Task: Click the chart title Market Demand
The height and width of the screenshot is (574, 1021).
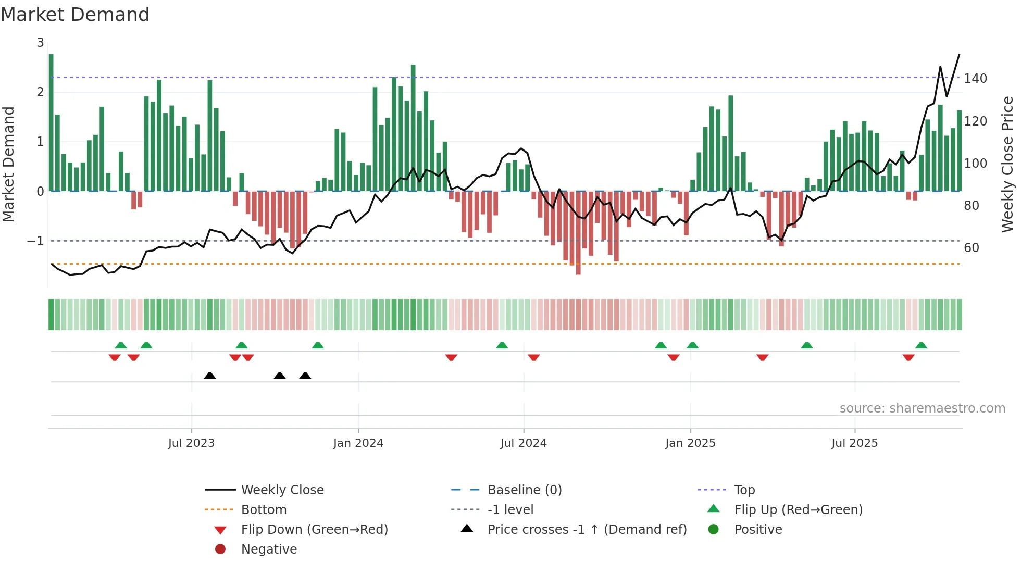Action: point(75,15)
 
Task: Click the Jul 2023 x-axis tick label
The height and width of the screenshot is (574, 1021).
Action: point(191,443)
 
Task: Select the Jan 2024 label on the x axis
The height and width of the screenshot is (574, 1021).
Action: point(358,443)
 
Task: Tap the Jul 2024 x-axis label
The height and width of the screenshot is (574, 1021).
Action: point(523,443)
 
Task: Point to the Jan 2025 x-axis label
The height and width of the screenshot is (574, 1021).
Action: point(690,443)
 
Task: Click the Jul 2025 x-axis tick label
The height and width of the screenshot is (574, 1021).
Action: point(854,443)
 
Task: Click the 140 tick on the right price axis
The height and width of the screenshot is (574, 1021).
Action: point(975,79)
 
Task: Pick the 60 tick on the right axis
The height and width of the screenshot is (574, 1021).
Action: point(971,248)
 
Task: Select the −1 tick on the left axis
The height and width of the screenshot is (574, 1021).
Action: point(35,241)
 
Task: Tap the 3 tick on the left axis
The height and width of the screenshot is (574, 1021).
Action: point(40,43)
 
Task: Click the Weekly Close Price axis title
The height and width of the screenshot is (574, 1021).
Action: point(1007,164)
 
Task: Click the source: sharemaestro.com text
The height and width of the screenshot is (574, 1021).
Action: point(922,408)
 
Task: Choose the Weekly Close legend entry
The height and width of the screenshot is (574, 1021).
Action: point(282,490)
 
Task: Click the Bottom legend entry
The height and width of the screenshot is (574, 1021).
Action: point(264,510)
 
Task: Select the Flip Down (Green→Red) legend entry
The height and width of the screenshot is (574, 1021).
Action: point(314,530)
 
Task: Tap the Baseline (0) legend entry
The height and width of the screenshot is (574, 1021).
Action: point(524,490)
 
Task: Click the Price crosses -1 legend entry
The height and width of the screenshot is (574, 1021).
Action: point(587,530)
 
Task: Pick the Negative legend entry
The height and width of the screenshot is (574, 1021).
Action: point(269,550)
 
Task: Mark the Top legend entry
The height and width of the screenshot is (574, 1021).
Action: point(744,490)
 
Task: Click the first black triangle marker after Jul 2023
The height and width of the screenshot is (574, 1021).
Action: point(210,376)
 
